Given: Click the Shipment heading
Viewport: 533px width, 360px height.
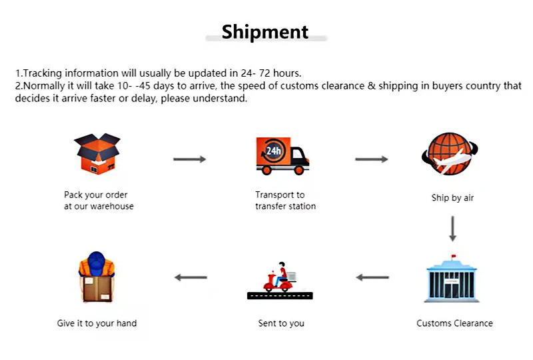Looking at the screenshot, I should pyautogui.click(x=265, y=32).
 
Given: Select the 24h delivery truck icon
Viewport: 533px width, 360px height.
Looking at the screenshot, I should pyautogui.click(x=282, y=156).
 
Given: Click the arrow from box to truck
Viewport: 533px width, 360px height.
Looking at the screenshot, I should pyautogui.click(x=190, y=159).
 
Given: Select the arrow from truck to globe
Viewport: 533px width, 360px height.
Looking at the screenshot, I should pyautogui.click(x=371, y=159).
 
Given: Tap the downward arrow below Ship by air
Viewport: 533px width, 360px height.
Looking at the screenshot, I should pyautogui.click(x=453, y=229).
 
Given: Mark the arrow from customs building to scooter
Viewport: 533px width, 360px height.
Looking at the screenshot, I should pyautogui.click(x=372, y=277).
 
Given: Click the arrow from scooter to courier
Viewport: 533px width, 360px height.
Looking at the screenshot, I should pyautogui.click(x=191, y=277).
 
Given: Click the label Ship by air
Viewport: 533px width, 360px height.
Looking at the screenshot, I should pyautogui.click(x=452, y=198).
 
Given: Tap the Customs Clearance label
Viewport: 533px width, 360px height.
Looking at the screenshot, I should pyautogui.click(x=454, y=323).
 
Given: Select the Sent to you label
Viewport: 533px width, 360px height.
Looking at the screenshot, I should pyautogui.click(x=281, y=323).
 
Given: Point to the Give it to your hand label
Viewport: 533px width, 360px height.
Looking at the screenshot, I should pyautogui.click(x=97, y=323).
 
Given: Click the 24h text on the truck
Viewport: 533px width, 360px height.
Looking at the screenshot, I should pyautogui.click(x=273, y=151).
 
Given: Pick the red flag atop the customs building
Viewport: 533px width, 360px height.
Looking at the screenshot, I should pyautogui.click(x=454, y=257).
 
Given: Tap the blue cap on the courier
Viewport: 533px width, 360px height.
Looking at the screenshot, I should pyautogui.click(x=97, y=259).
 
